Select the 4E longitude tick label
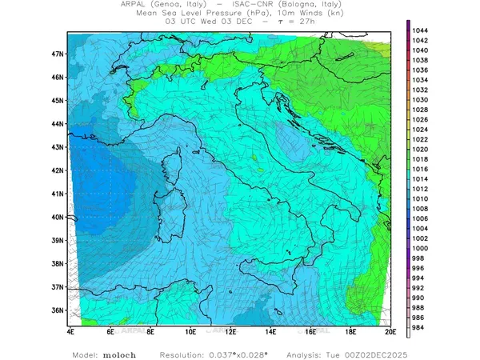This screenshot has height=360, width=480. click(70, 330)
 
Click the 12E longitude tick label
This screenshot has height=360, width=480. click(230, 330)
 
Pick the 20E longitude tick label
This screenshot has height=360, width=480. click(390, 330)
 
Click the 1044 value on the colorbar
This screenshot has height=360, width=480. click(421, 30)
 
